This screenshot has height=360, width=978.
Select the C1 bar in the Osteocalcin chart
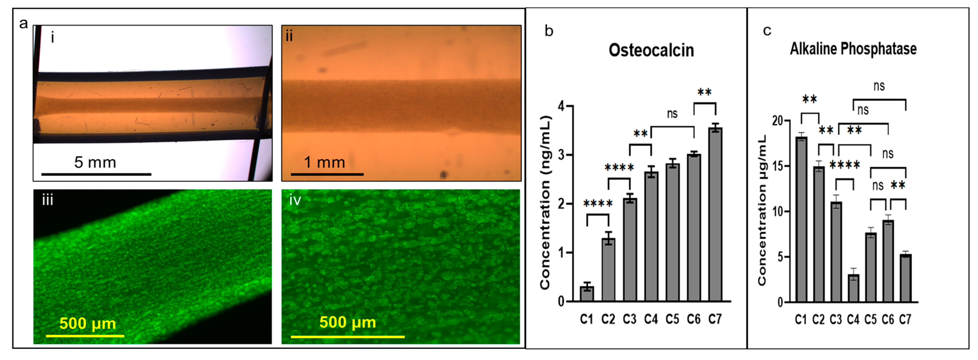point(586,294)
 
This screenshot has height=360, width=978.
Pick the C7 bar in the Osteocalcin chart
point(715,215)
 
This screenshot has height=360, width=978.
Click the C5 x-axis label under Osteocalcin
point(672,319)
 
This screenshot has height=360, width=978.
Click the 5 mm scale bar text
point(95,162)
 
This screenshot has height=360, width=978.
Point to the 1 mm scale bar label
point(324,162)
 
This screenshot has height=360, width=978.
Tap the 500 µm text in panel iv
point(347,322)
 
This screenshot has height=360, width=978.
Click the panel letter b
point(549,31)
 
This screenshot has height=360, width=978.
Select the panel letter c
point(767,30)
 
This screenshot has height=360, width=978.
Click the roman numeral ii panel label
point(289,36)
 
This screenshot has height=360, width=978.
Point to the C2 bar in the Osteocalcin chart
point(608,270)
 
